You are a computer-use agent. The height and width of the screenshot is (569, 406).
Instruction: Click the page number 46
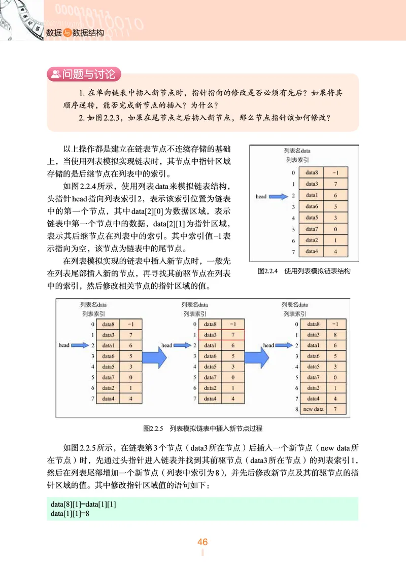pyautogui.click(x=202, y=542)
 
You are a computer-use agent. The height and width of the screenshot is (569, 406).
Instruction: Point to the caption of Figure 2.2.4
pyautogui.click(x=304, y=271)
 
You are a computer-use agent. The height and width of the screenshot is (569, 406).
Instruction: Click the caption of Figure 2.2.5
pyautogui.click(x=202, y=429)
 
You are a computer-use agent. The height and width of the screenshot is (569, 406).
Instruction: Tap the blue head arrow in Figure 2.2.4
pyautogui.click(x=278, y=196)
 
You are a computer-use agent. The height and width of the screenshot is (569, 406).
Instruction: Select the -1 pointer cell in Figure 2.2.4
pyautogui.click(x=335, y=173)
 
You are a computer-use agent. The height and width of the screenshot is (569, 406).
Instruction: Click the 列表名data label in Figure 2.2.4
pyautogui.click(x=297, y=151)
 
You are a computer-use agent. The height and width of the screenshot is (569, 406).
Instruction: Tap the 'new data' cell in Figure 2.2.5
pyautogui.click(x=313, y=409)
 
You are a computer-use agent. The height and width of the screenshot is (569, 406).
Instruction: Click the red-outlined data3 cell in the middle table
pyautogui.click(x=212, y=335)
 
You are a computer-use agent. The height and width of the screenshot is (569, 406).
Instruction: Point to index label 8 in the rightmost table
pyautogui.click(x=295, y=409)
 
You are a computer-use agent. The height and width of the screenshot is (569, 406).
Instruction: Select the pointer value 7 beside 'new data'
pyautogui.click(x=335, y=409)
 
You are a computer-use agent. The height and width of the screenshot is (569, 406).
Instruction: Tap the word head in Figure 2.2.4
pyautogui.click(x=261, y=196)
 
